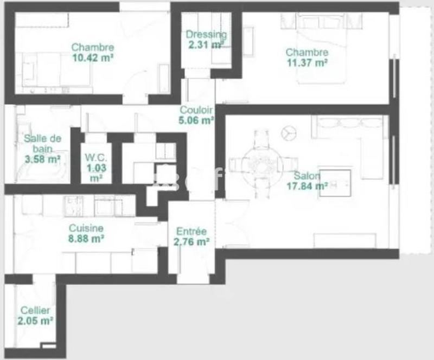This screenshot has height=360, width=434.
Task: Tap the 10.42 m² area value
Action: (92, 57)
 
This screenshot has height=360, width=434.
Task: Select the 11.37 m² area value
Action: (307, 62)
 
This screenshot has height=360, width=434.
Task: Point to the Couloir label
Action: (196, 110)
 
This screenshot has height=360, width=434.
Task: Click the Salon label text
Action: (307, 176)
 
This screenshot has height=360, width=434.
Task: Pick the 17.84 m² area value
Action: (307, 186)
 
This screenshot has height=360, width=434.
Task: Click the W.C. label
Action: (96, 158)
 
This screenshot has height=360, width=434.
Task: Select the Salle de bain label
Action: (42, 143)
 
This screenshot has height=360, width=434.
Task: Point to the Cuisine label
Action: (86, 228)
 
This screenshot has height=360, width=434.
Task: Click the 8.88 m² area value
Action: (86, 238)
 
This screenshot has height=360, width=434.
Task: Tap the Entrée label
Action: (191, 232)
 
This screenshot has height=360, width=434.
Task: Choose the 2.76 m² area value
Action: (191, 242)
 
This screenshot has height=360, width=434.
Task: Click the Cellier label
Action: (35, 311)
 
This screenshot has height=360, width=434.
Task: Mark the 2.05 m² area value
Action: (35, 321)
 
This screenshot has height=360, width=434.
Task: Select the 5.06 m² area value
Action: (196, 120)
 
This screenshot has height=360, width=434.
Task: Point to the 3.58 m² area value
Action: (42, 159)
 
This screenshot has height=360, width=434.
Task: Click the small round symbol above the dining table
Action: (288, 131)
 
